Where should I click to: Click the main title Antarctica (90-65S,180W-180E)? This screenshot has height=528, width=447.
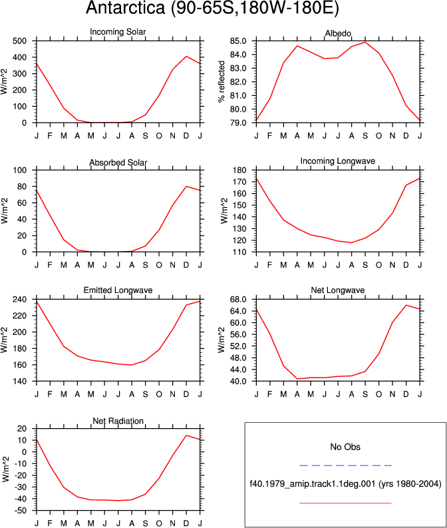[212, 8]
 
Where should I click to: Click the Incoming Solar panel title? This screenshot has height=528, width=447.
[118, 32]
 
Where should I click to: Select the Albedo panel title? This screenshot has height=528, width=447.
[338, 33]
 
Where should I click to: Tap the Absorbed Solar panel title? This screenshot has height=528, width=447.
[118, 162]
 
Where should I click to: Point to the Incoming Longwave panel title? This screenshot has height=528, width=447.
[338, 161]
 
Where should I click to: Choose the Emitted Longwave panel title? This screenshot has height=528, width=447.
[118, 290]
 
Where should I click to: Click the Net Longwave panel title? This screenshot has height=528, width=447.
[338, 290]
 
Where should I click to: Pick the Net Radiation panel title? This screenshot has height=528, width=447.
[118, 421]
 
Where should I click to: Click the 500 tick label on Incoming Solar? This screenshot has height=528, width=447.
[19, 41]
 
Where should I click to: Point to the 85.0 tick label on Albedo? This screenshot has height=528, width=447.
[237, 41]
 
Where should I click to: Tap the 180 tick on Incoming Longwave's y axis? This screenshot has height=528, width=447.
[239, 170]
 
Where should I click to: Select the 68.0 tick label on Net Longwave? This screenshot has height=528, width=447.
[237, 300]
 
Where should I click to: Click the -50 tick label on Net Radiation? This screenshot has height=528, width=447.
[21, 511]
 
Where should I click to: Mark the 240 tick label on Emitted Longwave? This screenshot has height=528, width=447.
[19, 300]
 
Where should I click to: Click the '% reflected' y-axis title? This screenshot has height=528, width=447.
[221, 81]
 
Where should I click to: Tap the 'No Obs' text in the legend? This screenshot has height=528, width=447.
[345, 447]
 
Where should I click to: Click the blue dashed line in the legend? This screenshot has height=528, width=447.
[345, 465]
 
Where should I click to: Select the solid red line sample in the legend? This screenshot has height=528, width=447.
[345, 503]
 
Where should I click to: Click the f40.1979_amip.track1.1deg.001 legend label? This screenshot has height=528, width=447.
[313, 484]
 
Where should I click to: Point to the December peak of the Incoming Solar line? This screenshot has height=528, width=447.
[186, 56]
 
